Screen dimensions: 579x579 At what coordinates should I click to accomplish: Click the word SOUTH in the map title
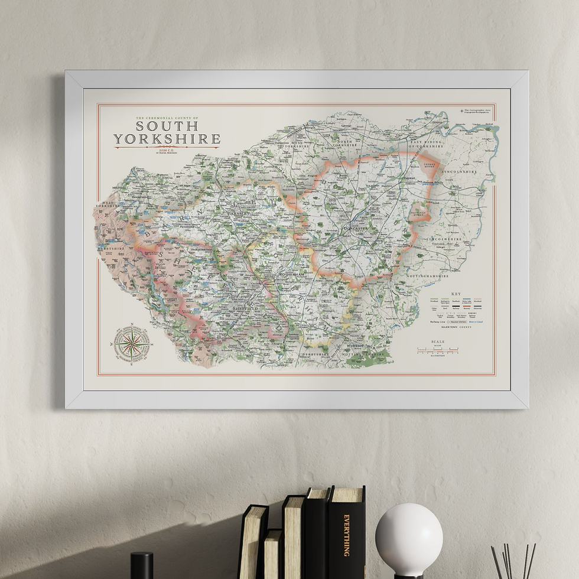click(167, 126)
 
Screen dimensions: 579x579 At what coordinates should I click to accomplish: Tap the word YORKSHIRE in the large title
click(167, 139)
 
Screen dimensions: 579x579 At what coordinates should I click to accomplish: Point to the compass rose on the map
click(131, 343)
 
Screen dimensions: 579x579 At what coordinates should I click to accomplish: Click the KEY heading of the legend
click(456, 294)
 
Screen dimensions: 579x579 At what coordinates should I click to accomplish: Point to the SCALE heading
click(438, 342)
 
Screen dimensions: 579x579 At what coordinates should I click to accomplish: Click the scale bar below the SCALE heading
click(438, 351)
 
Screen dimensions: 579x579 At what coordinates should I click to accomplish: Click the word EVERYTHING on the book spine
click(347, 535)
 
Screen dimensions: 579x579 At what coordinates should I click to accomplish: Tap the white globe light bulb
click(409, 540)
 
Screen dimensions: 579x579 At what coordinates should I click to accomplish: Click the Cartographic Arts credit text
click(476, 111)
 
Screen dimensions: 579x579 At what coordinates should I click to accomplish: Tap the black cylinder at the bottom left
click(142, 565)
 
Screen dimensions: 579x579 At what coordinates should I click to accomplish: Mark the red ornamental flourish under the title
click(167, 147)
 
